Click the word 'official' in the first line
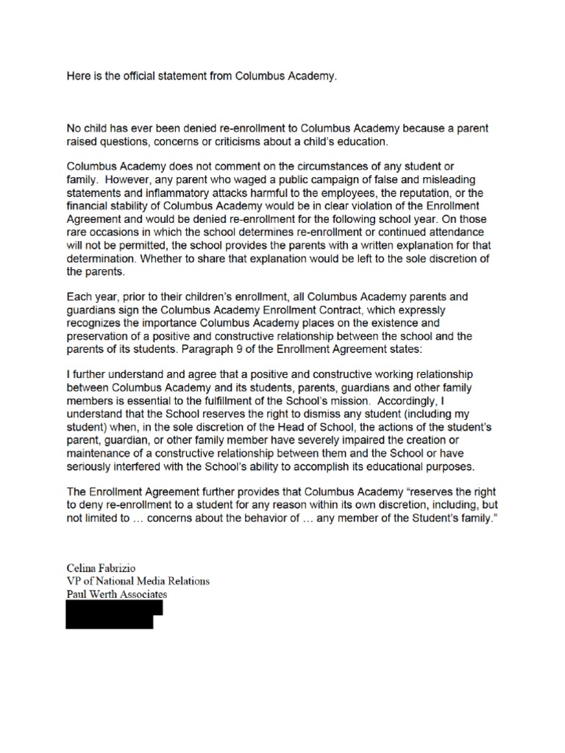155,76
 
